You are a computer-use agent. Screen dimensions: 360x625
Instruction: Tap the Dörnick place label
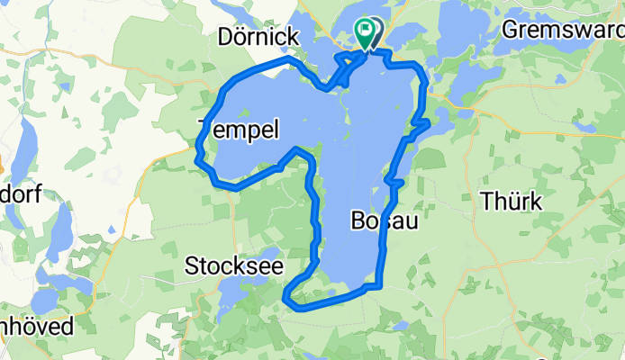click(258, 37)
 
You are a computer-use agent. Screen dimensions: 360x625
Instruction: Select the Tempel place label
click(239, 130)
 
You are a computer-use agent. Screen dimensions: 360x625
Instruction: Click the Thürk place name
click(512, 201)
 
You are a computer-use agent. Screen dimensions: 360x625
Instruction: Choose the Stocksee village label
click(232, 265)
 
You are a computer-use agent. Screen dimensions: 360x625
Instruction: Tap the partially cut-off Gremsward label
click(562, 30)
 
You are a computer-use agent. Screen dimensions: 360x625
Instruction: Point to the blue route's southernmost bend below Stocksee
click(297, 307)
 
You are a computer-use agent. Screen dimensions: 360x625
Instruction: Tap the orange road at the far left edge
click(3, 166)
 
